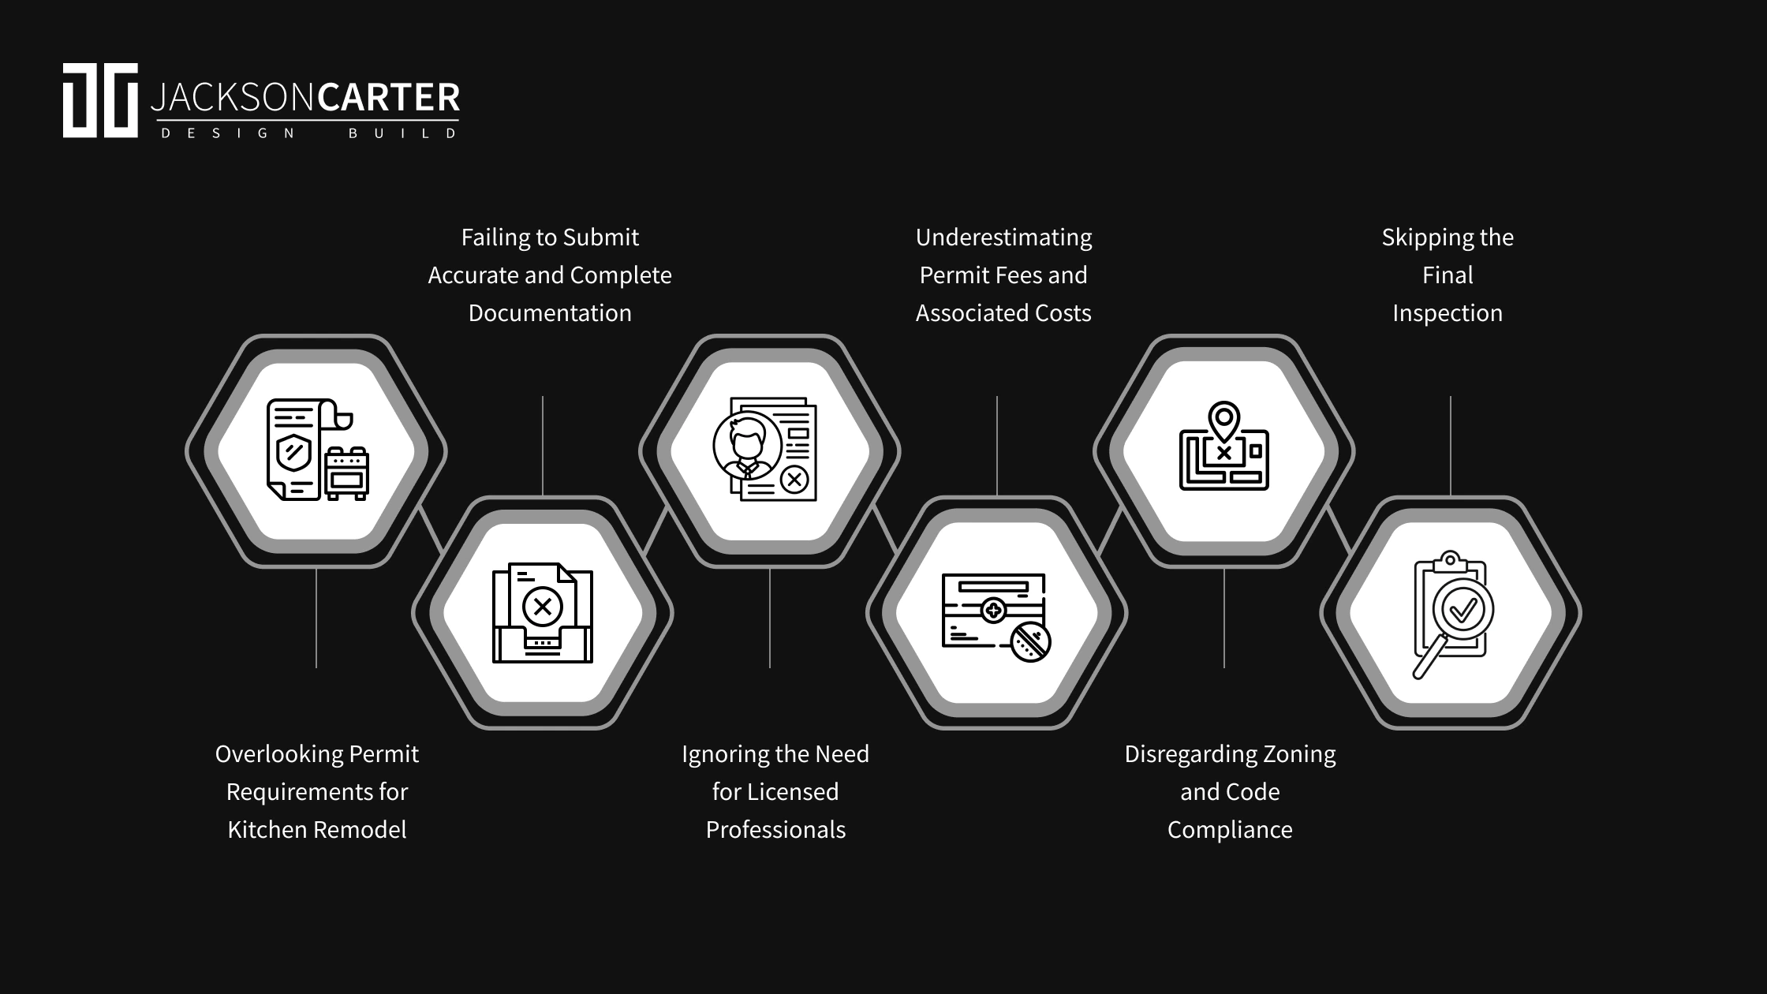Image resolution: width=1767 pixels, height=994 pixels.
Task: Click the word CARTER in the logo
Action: [388, 98]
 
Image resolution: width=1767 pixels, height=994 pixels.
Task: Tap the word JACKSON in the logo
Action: [233, 98]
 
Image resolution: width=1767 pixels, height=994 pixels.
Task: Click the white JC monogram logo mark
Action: [100, 100]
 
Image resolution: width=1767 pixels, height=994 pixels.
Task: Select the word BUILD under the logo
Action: [402, 133]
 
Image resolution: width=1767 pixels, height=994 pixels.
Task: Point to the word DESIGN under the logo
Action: [228, 133]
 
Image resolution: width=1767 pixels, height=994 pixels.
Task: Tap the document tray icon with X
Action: [543, 612]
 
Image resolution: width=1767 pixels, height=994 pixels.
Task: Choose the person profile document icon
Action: [765, 449]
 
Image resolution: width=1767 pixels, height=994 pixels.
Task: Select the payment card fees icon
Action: [996, 616]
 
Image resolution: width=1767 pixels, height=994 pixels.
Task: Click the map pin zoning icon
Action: [1223, 447]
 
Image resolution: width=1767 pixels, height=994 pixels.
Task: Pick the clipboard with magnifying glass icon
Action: [1451, 614]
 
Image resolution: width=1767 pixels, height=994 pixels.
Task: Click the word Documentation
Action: [550, 313]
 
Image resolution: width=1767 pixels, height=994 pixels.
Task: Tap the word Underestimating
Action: [1003, 237]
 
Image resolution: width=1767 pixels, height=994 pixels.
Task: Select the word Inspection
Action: [1448, 313]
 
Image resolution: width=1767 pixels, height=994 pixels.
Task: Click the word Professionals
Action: [775, 830]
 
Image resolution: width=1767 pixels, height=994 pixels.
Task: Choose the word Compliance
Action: [1230, 830]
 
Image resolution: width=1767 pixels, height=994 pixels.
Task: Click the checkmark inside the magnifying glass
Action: [1463, 610]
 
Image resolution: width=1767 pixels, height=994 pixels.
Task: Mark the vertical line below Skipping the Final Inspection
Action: [1451, 446]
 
